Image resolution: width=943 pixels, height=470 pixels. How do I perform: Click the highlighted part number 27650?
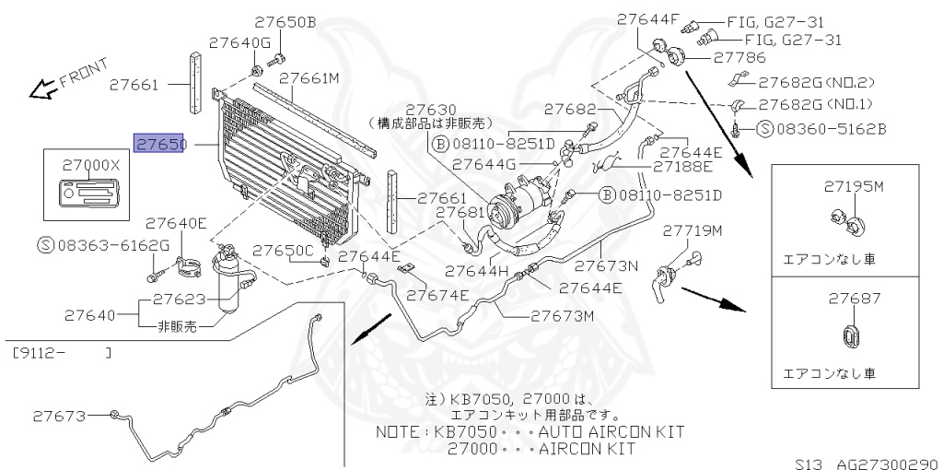[161, 145]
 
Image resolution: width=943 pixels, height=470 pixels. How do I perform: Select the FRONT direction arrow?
[41, 89]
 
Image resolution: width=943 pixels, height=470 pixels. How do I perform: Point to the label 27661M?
[309, 79]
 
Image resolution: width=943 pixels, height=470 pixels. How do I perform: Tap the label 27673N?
[606, 265]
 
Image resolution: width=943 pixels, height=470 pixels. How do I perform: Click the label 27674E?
[437, 295]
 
